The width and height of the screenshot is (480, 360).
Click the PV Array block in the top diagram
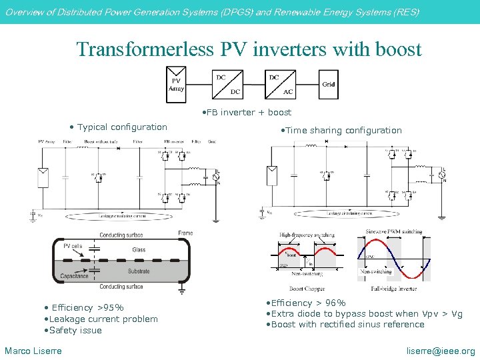(177, 85)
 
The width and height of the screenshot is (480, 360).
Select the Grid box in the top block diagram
(329, 84)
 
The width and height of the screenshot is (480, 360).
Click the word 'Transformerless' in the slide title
(144, 49)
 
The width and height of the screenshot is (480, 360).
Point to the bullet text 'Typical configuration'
(122, 127)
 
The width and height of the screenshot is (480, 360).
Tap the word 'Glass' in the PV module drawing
(139, 250)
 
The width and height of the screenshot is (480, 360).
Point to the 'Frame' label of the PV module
(185, 233)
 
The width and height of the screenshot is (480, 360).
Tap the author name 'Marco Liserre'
(33, 351)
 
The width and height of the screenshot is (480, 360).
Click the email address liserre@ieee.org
(441, 351)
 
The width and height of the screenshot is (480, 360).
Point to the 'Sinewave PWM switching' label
(393, 232)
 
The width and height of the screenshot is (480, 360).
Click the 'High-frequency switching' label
(307, 235)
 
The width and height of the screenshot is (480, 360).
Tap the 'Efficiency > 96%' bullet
(308, 303)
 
